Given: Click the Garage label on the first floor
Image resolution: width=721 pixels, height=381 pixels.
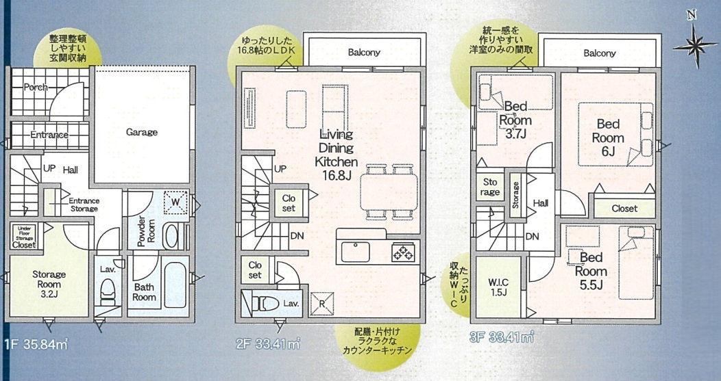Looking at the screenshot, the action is coord(142,133).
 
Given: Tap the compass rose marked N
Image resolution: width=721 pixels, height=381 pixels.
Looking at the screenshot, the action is coord(694,44).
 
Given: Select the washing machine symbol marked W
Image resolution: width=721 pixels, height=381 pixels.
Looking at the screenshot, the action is coord(176,202).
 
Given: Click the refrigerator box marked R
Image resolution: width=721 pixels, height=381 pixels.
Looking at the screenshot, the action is coord(322,304).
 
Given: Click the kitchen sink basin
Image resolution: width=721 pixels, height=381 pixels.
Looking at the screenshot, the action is coord(355,252).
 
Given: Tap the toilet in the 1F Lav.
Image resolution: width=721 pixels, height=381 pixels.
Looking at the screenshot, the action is coord(108,292).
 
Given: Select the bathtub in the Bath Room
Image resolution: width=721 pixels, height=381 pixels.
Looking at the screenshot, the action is coord(175,285).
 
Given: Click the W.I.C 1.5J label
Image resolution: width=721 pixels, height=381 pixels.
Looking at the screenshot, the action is coord(498,287).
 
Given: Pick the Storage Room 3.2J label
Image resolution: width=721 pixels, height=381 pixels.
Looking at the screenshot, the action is coord(49,284).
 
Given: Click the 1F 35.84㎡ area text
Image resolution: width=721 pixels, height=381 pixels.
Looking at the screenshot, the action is coord(36,345).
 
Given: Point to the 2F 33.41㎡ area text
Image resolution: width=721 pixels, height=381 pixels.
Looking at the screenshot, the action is coord(268,343).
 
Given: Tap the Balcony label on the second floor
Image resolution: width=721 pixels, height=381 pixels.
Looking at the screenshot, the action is coord(364,53).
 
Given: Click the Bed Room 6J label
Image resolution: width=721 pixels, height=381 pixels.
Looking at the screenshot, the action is coord(608,137).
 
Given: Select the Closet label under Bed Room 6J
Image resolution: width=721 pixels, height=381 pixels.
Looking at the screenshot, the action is coord(624,209).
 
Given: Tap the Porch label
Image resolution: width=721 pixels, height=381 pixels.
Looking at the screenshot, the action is coord(35,87).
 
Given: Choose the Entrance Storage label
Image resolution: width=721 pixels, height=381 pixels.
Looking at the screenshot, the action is coord(84,205).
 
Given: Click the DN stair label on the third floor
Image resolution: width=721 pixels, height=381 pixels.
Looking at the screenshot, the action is coord(532,237).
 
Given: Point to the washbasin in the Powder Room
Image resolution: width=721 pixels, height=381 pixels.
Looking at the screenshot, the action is coord(172,237).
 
